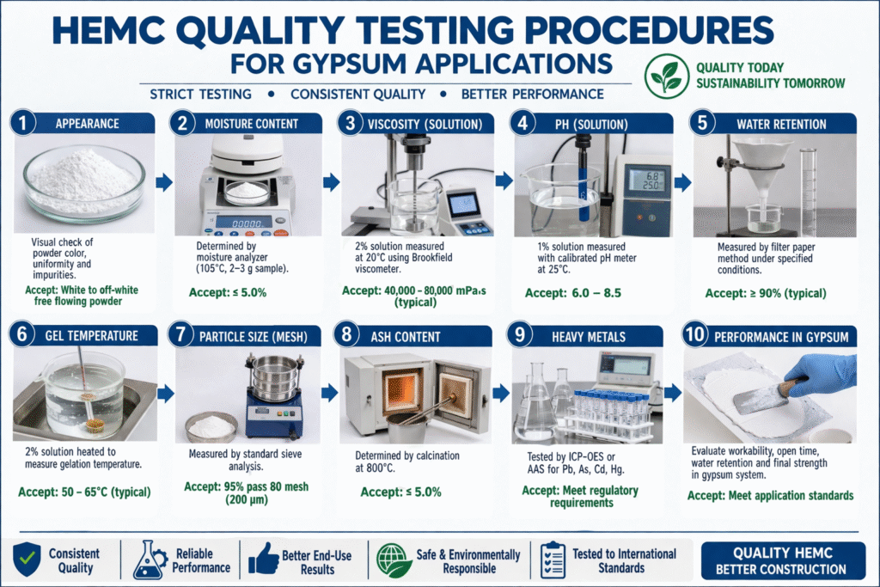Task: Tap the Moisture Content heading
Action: pos(252,124)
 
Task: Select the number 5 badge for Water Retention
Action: pos(704,123)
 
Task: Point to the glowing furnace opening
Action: pos(401,388)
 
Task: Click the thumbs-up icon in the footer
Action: pos(264,560)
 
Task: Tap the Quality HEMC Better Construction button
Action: pos(783,560)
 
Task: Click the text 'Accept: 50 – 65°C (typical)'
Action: pos(84,492)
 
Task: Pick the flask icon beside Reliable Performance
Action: pos(148,560)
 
